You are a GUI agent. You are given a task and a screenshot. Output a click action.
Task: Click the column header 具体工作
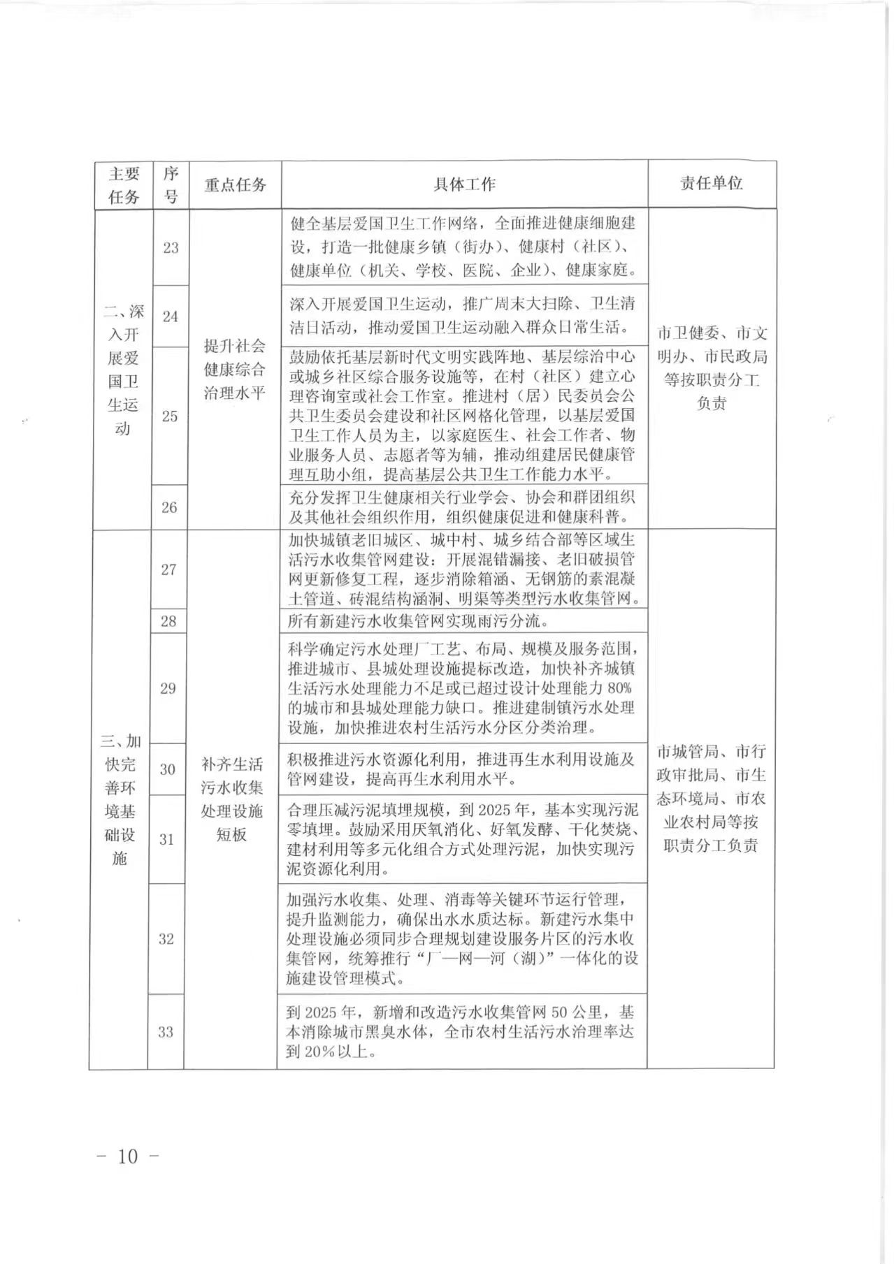[x=464, y=184]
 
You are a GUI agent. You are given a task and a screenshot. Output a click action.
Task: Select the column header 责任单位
[x=711, y=184]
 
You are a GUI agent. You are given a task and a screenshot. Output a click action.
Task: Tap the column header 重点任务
[x=235, y=185]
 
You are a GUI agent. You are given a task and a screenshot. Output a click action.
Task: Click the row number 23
[x=171, y=248]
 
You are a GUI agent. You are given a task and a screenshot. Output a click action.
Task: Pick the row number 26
[x=169, y=507]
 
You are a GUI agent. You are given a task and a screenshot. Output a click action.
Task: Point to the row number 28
[x=168, y=621]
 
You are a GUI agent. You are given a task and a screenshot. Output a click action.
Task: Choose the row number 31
[x=166, y=839]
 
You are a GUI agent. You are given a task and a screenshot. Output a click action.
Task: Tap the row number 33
[x=166, y=1031]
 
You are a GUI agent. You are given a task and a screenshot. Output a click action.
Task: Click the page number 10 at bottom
[x=128, y=1156]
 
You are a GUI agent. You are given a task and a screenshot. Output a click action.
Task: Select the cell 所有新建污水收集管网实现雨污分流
[x=418, y=620]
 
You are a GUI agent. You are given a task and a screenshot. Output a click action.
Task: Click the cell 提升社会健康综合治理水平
[x=235, y=369]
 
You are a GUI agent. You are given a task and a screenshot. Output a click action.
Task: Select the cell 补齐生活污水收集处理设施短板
[x=232, y=799]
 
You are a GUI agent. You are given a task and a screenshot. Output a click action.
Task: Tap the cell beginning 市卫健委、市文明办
[x=712, y=368]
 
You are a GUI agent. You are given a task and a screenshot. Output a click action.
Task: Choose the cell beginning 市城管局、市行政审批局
[x=711, y=798]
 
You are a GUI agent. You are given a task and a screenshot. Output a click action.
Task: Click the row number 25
[x=170, y=416]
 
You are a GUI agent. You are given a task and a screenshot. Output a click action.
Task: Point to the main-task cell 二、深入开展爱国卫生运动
[x=123, y=370]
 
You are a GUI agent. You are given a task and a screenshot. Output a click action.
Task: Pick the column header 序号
[x=171, y=185]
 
